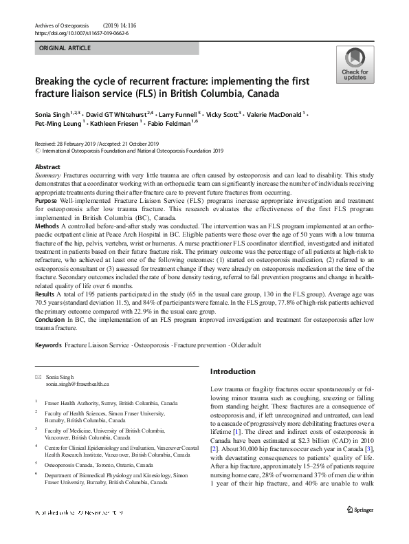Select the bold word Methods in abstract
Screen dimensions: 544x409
(x=48, y=226)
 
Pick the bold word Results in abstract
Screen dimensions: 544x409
(x=46, y=292)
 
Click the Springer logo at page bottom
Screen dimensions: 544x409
(x=363, y=527)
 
